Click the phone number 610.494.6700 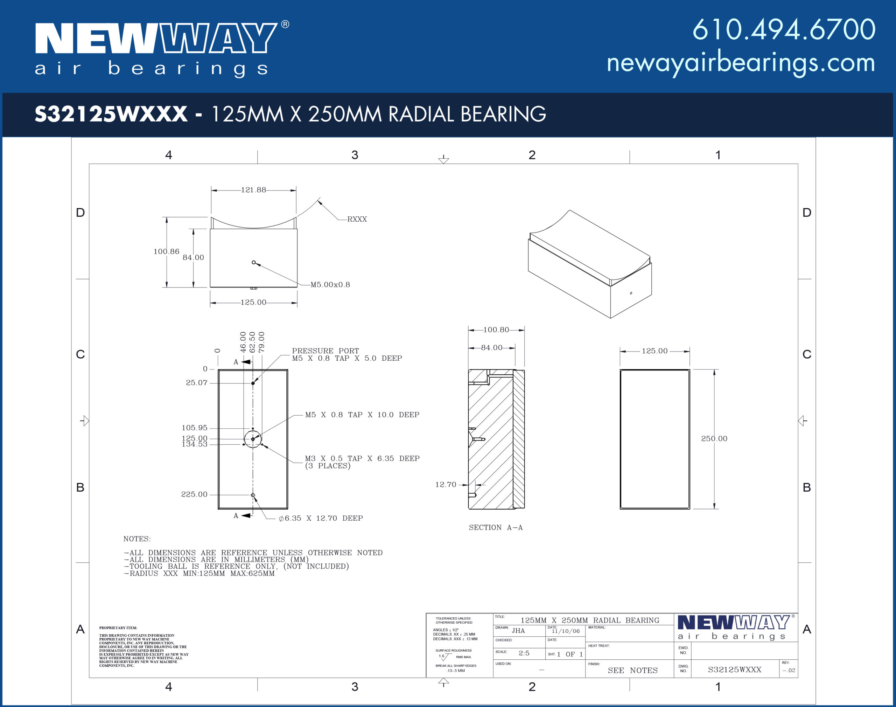click(784, 29)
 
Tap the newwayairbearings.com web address click(741, 63)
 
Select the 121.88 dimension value click(254, 190)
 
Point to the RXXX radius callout click(357, 219)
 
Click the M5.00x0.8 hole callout click(330, 284)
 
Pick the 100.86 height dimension click(166, 251)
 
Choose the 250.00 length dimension click(714, 438)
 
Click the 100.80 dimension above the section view click(496, 330)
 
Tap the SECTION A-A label click(496, 527)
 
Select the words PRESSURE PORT click(325, 351)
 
